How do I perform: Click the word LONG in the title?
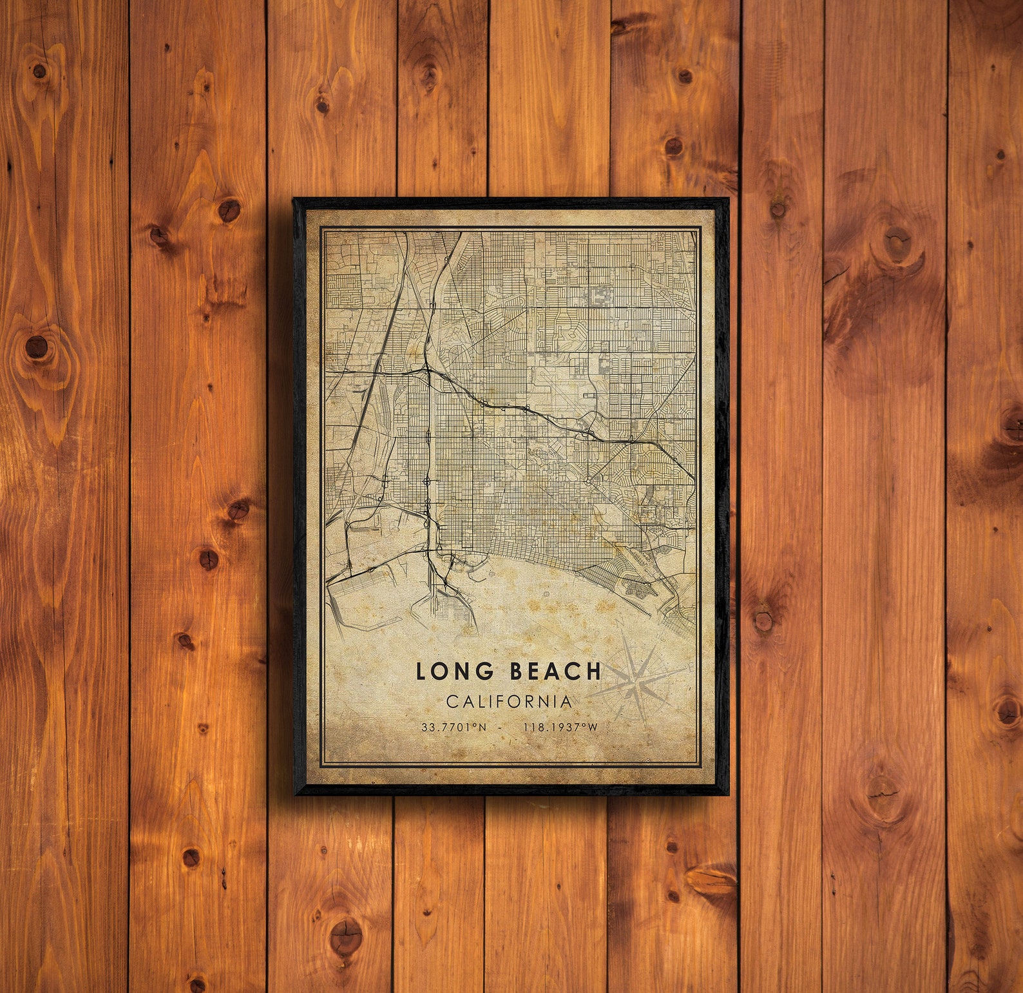(455, 671)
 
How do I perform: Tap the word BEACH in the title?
(555, 671)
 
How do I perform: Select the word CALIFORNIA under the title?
(509, 701)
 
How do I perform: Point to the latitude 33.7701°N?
(454, 727)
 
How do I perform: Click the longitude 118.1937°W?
(560, 727)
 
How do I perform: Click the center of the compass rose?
(637, 680)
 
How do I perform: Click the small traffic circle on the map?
(589, 481)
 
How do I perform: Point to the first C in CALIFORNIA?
(452, 701)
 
